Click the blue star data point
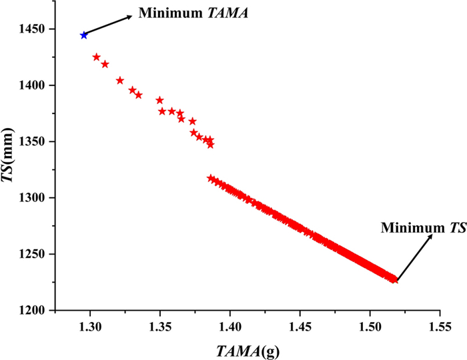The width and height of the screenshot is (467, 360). point(83,35)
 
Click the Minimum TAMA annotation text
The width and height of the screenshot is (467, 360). point(193,12)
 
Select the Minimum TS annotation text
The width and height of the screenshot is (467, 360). point(414,228)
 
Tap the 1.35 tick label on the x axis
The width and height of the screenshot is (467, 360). point(160,326)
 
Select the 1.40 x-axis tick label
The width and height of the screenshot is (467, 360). point(230,326)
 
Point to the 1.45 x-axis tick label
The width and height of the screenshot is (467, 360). point(300,326)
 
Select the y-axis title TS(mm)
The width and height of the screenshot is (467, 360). point(13,170)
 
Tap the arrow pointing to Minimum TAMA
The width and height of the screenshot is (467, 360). point(108,25)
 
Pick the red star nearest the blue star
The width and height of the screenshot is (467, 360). point(96,57)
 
